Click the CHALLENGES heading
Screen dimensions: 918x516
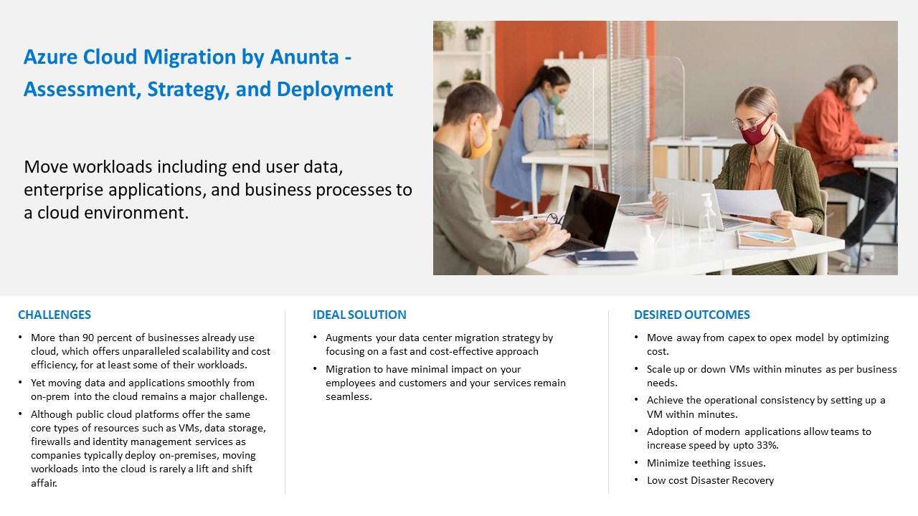55,315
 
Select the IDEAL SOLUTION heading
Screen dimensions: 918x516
359,315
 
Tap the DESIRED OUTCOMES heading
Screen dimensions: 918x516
692,315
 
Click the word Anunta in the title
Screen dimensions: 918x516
305,57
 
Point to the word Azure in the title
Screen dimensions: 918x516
50,57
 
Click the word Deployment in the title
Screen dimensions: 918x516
335,90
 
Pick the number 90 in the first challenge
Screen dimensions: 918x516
88,338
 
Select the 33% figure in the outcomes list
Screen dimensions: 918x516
767,445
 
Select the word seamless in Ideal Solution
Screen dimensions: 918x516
348,396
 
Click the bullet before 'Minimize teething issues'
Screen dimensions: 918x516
636,462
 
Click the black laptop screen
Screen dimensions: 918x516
590,216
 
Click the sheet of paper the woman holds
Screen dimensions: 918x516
748,203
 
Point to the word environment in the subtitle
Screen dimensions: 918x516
133,213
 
